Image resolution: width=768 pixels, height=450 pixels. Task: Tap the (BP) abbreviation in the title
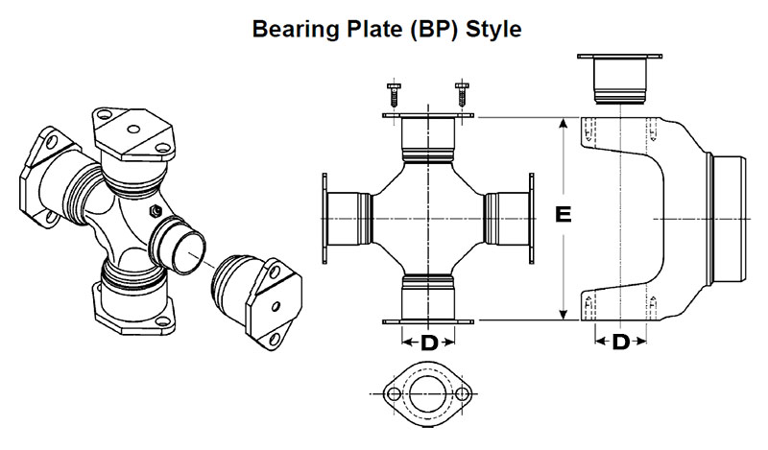[430, 30]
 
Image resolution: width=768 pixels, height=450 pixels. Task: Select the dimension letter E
[564, 216]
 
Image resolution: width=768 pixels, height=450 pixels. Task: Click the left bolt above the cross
[394, 96]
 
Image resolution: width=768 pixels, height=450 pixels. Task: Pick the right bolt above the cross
[462, 96]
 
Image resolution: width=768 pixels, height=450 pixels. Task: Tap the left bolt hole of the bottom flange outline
[392, 392]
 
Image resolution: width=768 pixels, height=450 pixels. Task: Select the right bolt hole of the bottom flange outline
[465, 392]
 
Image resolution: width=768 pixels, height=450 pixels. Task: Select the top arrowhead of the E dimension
[564, 124]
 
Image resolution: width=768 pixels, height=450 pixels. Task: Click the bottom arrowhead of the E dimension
[564, 314]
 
